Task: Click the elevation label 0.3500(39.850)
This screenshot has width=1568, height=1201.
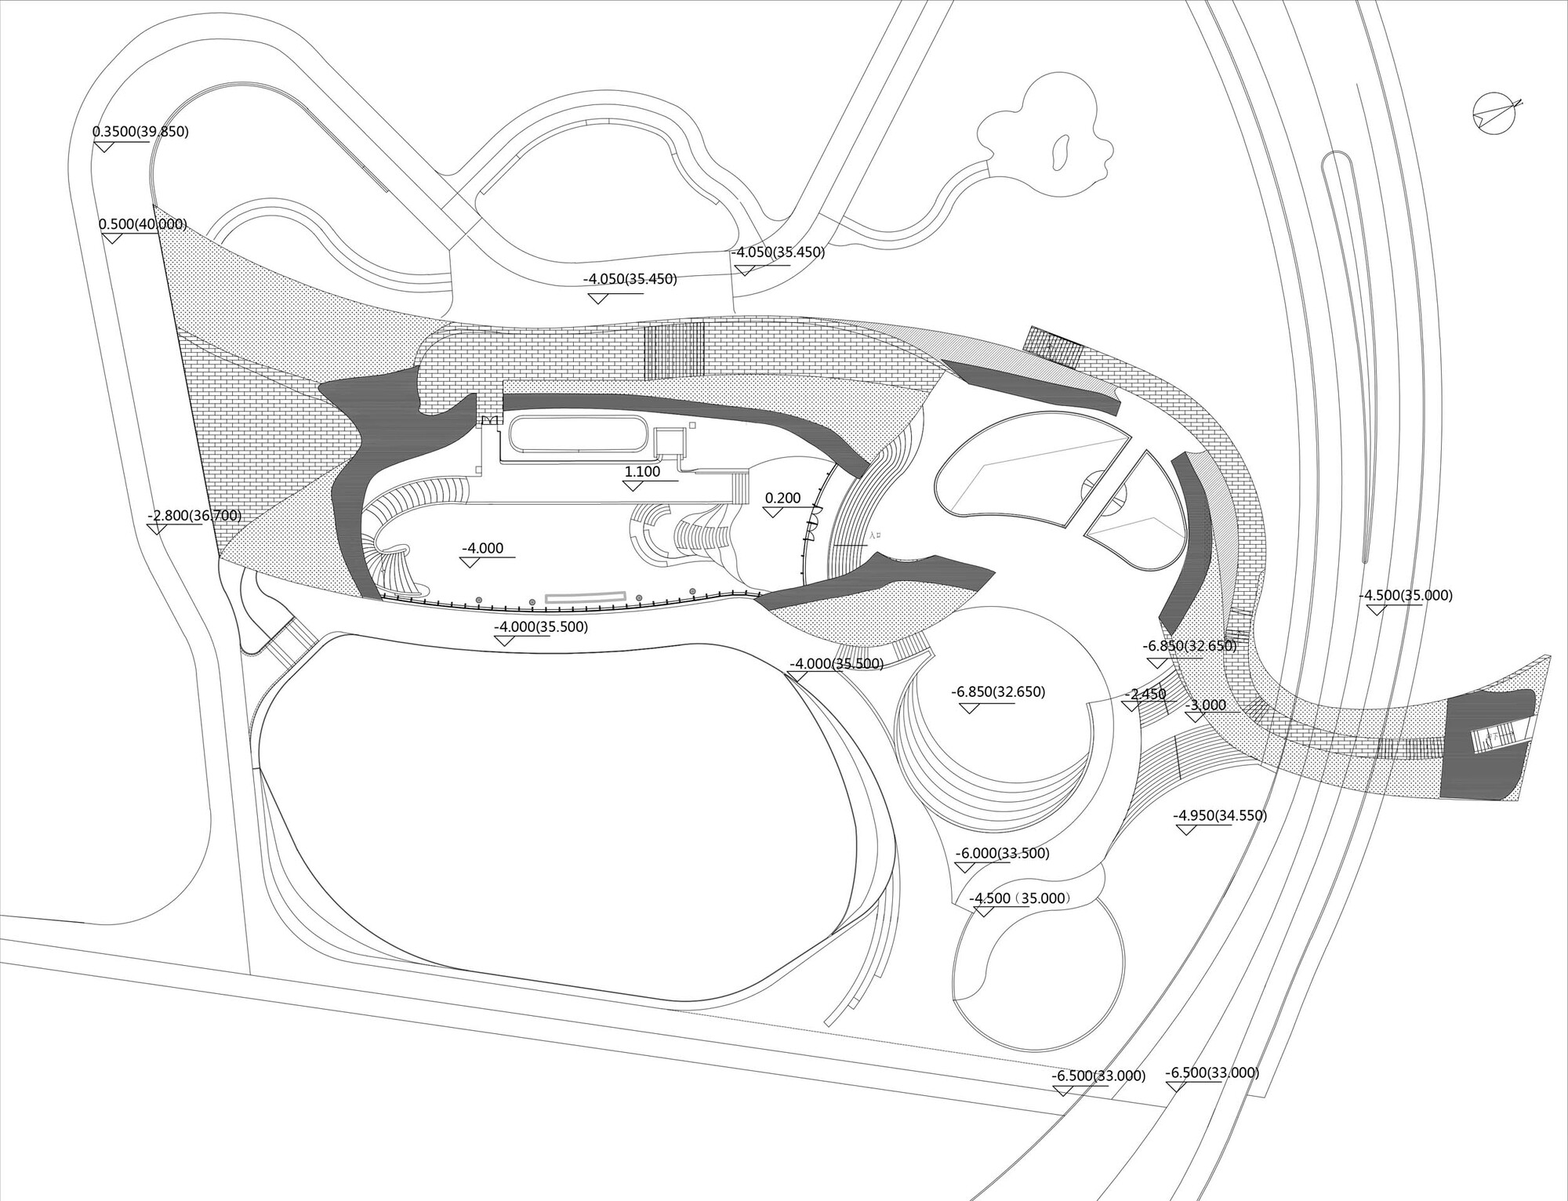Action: tap(140, 132)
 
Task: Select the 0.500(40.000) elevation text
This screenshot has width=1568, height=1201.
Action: tap(143, 224)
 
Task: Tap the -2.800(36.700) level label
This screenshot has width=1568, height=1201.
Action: tap(194, 516)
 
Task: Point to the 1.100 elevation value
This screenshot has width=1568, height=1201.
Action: tap(642, 472)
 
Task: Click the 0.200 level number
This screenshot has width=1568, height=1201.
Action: tap(782, 499)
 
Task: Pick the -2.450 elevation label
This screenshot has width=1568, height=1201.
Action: tap(1145, 695)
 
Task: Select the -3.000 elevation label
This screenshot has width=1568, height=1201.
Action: tap(1205, 705)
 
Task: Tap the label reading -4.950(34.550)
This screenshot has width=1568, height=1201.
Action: tap(1220, 815)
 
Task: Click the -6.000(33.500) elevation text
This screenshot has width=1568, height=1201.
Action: tap(1003, 854)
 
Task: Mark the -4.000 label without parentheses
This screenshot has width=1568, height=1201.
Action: tap(482, 549)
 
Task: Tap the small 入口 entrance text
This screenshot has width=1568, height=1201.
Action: tap(876, 536)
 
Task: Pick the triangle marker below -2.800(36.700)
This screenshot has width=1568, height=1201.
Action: tap(156, 529)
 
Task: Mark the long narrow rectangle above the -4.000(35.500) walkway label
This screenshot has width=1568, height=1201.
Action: tap(586, 597)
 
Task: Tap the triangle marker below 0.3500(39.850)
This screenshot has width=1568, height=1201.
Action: tap(103, 145)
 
